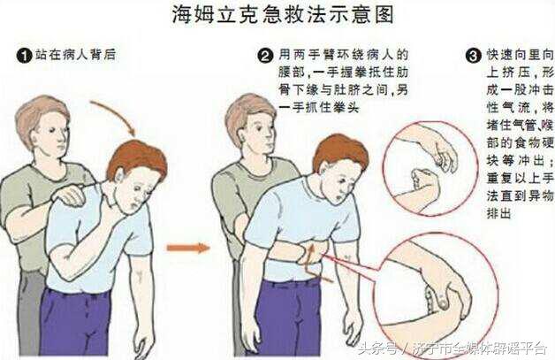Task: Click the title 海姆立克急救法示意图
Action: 281,15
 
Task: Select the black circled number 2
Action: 264,56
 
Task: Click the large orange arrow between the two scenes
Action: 189,248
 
